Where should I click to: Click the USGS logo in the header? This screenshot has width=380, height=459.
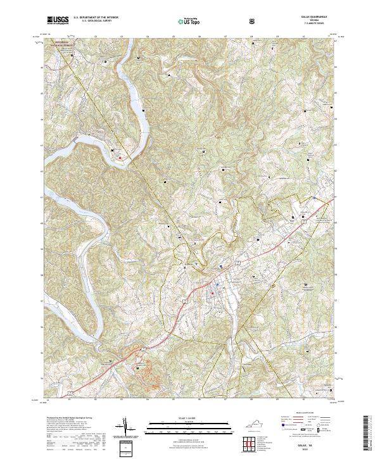pos(58,20)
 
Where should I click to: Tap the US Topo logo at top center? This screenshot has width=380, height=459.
pos(187,21)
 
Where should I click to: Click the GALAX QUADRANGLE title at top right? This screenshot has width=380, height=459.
pos(317,17)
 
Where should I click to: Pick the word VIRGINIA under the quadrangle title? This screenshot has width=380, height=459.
pos(317,20)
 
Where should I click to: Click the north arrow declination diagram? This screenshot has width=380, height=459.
pos(127,428)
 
